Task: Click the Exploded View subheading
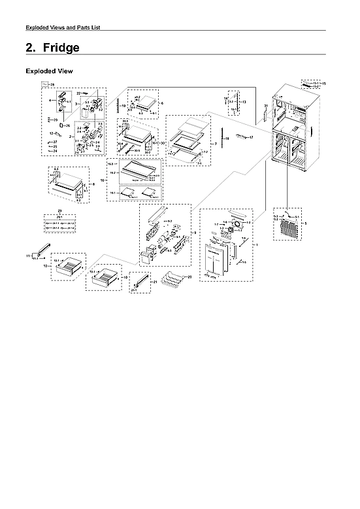(x=49, y=71)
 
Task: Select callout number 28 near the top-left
(x=52, y=86)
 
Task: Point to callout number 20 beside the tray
(x=189, y=277)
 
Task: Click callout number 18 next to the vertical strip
(x=227, y=139)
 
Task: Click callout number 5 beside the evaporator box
(x=306, y=223)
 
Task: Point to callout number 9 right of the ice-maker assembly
(x=194, y=233)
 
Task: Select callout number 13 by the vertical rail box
(x=244, y=103)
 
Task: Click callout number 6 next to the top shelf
(x=162, y=103)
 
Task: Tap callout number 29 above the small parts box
(x=59, y=212)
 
